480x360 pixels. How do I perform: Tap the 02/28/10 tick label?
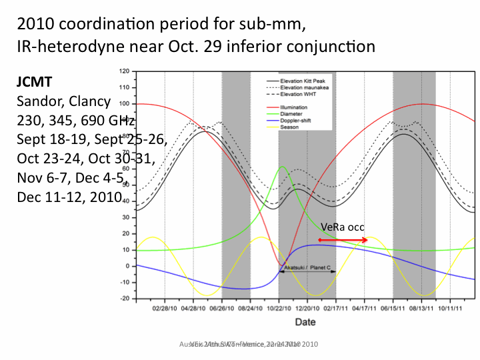click(164, 308)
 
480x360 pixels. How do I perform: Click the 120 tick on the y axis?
click(123, 71)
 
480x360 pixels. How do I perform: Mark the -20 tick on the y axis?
click(123, 299)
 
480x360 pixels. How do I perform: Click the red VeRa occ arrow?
click(343, 240)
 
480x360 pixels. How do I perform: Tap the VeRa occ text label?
click(342, 228)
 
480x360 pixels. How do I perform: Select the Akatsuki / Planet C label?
click(308, 267)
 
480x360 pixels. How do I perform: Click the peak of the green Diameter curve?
click(282, 167)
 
